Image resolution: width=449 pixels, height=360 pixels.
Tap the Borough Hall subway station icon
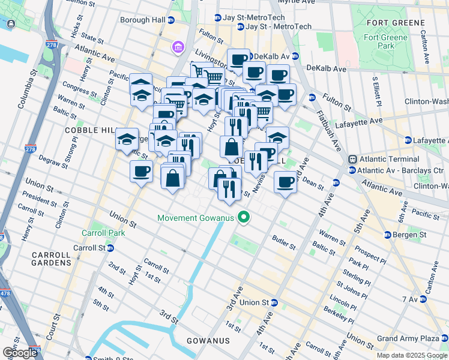170,20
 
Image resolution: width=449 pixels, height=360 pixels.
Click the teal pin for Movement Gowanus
243,217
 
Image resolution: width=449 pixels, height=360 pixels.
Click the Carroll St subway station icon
110,248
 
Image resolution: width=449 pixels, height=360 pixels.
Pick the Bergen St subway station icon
388,234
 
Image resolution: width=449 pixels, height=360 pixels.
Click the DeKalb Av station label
271,56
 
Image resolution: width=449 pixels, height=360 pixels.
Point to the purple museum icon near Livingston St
178,47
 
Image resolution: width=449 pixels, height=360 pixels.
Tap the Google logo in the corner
19,352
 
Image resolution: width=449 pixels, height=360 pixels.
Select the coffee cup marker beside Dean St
286,181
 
